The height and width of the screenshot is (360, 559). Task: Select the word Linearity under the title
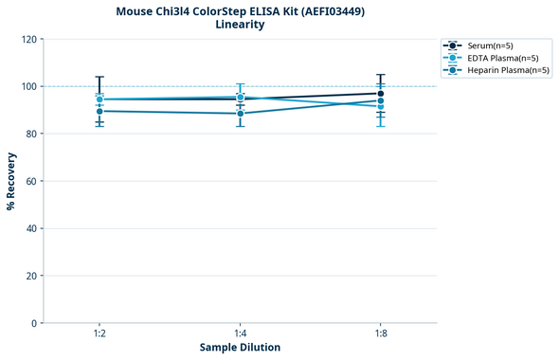(x=240, y=26)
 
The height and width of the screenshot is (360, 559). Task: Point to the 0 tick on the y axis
(x=34, y=323)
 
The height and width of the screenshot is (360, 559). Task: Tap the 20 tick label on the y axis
(x=31, y=276)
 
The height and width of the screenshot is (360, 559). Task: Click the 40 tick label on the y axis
(x=31, y=228)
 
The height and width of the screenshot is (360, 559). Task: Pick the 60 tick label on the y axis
(x=31, y=181)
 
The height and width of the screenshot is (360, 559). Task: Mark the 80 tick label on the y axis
(x=31, y=134)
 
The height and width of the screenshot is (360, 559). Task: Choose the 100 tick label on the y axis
(x=28, y=86)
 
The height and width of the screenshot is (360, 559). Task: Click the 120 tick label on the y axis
(x=28, y=39)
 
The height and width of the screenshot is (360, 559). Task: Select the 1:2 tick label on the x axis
(x=99, y=334)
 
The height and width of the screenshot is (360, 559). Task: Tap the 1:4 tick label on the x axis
(x=240, y=334)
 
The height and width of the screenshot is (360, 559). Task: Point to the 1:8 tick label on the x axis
(x=380, y=334)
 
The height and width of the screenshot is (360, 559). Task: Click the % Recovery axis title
(x=11, y=181)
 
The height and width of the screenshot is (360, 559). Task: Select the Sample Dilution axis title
(x=240, y=348)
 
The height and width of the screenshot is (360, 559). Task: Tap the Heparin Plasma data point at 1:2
(x=99, y=111)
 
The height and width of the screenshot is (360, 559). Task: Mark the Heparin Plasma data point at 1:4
(x=240, y=114)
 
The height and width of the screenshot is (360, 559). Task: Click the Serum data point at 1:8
(x=380, y=93)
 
